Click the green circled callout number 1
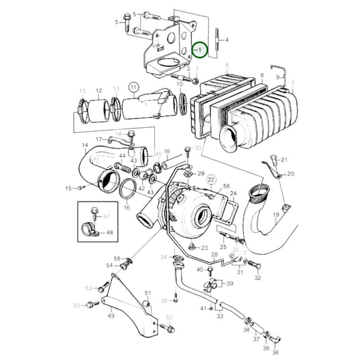click(199, 49)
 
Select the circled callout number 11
click(133, 87)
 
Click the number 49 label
click(111, 316)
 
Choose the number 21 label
click(285, 160)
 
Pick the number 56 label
click(226, 186)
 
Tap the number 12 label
click(98, 90)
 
